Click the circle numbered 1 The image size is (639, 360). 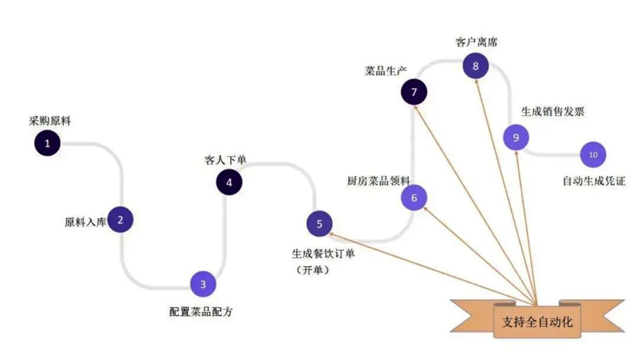click(47, 143)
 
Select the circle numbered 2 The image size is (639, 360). click(121, 220)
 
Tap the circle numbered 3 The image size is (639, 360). click(203, 284)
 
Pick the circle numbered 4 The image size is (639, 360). click(229, 182)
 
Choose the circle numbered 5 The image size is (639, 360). click(319, 224)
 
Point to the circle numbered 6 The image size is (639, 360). click(414, 198)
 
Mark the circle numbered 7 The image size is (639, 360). click(414, 92)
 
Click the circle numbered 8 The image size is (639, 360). click(475, 66)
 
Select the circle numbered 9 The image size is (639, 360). click(516, 137)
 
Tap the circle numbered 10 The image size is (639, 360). click(593, 155)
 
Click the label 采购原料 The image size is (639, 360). click(50, 121)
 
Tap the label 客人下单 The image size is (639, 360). click(225, 160)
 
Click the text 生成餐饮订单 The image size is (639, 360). click(323, 253)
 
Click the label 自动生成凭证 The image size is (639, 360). click(593, 181)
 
